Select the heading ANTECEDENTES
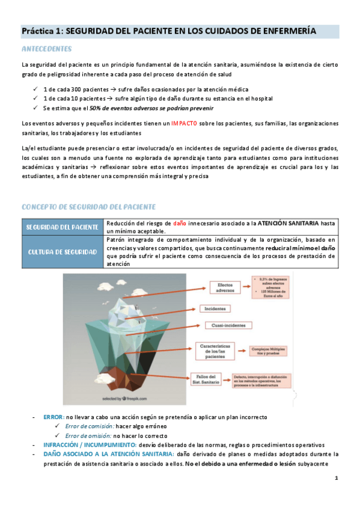pos(46,48)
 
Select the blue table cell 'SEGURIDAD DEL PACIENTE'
pos(63,227)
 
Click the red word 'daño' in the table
pos(180,223)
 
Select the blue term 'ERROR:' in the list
pos(53,417)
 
